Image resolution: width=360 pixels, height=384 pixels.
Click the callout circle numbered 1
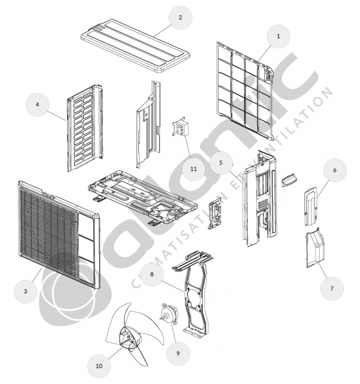coord(279,36)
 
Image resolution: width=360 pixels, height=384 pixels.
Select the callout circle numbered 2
coord(181,18)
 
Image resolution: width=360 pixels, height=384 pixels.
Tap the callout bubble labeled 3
coord(26,292)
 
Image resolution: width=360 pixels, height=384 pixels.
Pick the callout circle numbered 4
coord(38,105)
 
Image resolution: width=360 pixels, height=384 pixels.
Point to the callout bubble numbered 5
coord(221,163)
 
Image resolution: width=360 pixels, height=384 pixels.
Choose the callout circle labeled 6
coord(335,170)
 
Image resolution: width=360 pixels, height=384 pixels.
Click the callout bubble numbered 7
coord(332,288)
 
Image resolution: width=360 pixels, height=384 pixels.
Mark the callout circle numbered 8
coord(152,274)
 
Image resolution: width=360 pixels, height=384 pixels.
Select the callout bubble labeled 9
coord(178,353)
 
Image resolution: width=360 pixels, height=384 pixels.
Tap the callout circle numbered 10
coord(99,366)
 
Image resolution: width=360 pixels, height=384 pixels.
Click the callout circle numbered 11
coord(194,169)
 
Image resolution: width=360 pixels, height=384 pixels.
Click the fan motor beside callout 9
coord(170,314)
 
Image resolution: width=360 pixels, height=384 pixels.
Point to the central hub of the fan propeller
coord(130,339)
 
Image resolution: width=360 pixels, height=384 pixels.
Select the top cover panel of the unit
coord(136,46)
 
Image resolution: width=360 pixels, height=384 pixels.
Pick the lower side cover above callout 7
coord(315,248)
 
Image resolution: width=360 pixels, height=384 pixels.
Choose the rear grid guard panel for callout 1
coord(245,91)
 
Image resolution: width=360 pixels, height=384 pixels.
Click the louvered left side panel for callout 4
coord(85,128)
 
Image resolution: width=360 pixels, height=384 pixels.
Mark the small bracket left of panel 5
coord(215,213)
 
